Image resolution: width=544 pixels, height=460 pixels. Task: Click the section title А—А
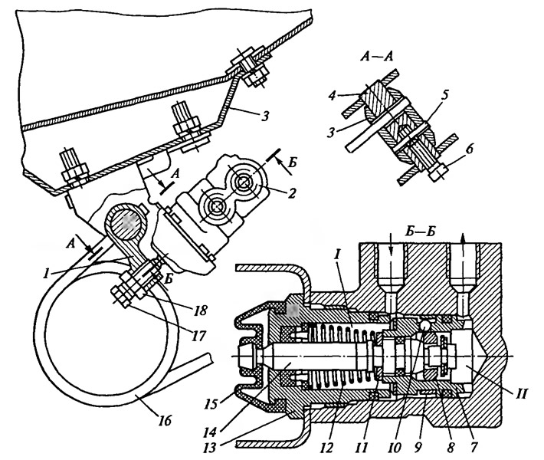coord(376,56)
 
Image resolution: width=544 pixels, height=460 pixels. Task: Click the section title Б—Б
coord(420,232)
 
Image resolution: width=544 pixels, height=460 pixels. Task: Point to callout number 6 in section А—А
coord(469,150)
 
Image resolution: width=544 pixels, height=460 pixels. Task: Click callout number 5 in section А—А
coord(445,94)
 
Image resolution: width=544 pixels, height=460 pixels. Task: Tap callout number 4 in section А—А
coord(333,96)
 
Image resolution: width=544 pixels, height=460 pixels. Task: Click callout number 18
coord(201,309)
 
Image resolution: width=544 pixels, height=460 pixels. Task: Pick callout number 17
coord(199,335)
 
